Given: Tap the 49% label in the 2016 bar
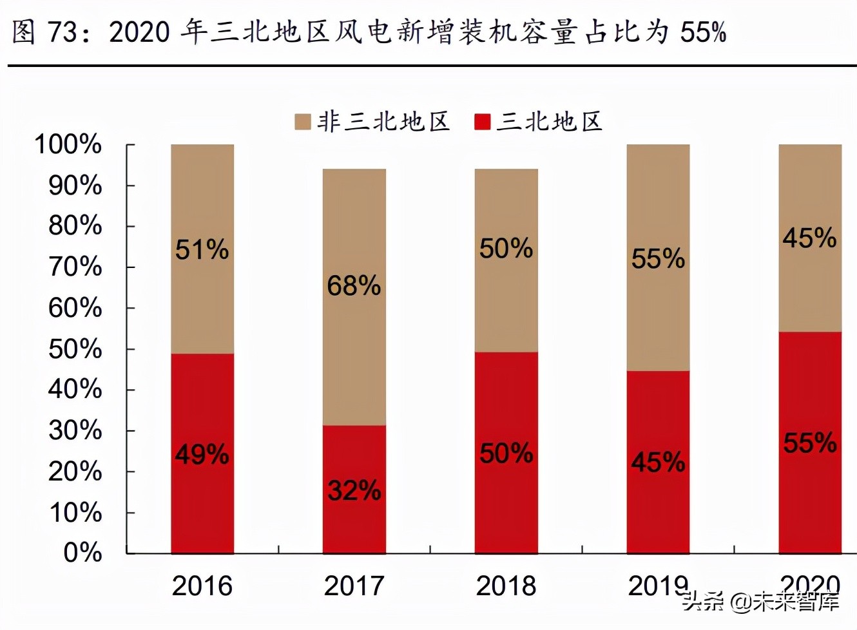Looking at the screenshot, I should click(202, 455).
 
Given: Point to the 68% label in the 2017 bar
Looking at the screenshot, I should click(354, 286).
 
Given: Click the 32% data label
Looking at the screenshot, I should click(354, 491).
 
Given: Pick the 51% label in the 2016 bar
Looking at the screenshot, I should click(202, 250).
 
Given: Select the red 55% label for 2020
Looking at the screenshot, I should click(809, 443).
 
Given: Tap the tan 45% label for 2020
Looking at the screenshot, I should click(809, 238).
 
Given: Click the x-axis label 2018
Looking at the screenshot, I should click(506, 586).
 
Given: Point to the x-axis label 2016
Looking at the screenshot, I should click(202, 586).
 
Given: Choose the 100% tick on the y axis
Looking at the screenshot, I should click(68, 144).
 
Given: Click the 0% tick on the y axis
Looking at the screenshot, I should click(82, 553).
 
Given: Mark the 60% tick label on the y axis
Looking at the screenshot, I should click(75, 308).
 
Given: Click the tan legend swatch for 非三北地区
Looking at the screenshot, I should click(302, 122).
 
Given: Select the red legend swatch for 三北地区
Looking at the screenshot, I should click(482, 122).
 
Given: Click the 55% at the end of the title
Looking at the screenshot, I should click(703, 32).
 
